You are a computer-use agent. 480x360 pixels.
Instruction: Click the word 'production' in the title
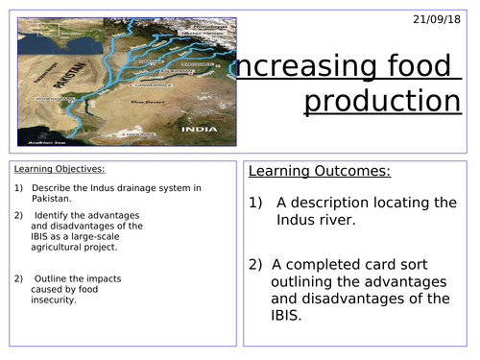click(377, 100)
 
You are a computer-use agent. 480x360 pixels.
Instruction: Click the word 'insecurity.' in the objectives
click(58, 300)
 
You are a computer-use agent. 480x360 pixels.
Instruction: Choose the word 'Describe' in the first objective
click(51, 187)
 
